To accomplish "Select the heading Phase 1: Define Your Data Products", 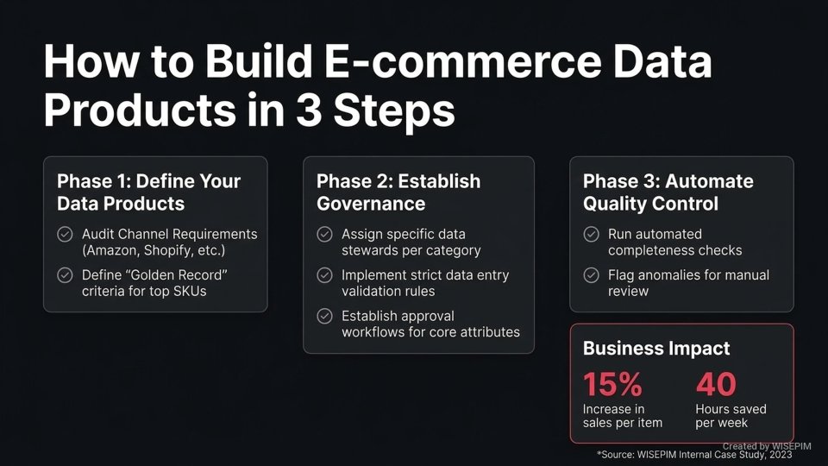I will (148, 192).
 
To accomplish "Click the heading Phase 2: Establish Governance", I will (398, 192).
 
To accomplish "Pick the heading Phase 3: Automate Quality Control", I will (668, 192).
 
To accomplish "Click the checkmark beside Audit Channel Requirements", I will (65, 235).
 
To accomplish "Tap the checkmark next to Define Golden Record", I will (65, 275).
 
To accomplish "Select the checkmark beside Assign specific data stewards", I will (324, 235).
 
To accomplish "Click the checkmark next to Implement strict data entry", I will (324, 275).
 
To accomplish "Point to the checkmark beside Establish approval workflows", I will (324, 316).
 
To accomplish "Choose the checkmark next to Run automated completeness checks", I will (591, 235).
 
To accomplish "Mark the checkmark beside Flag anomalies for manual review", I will (591, 275).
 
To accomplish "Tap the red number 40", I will (715, 382).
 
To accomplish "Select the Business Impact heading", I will (656, 349).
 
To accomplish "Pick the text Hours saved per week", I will (731, 415).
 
